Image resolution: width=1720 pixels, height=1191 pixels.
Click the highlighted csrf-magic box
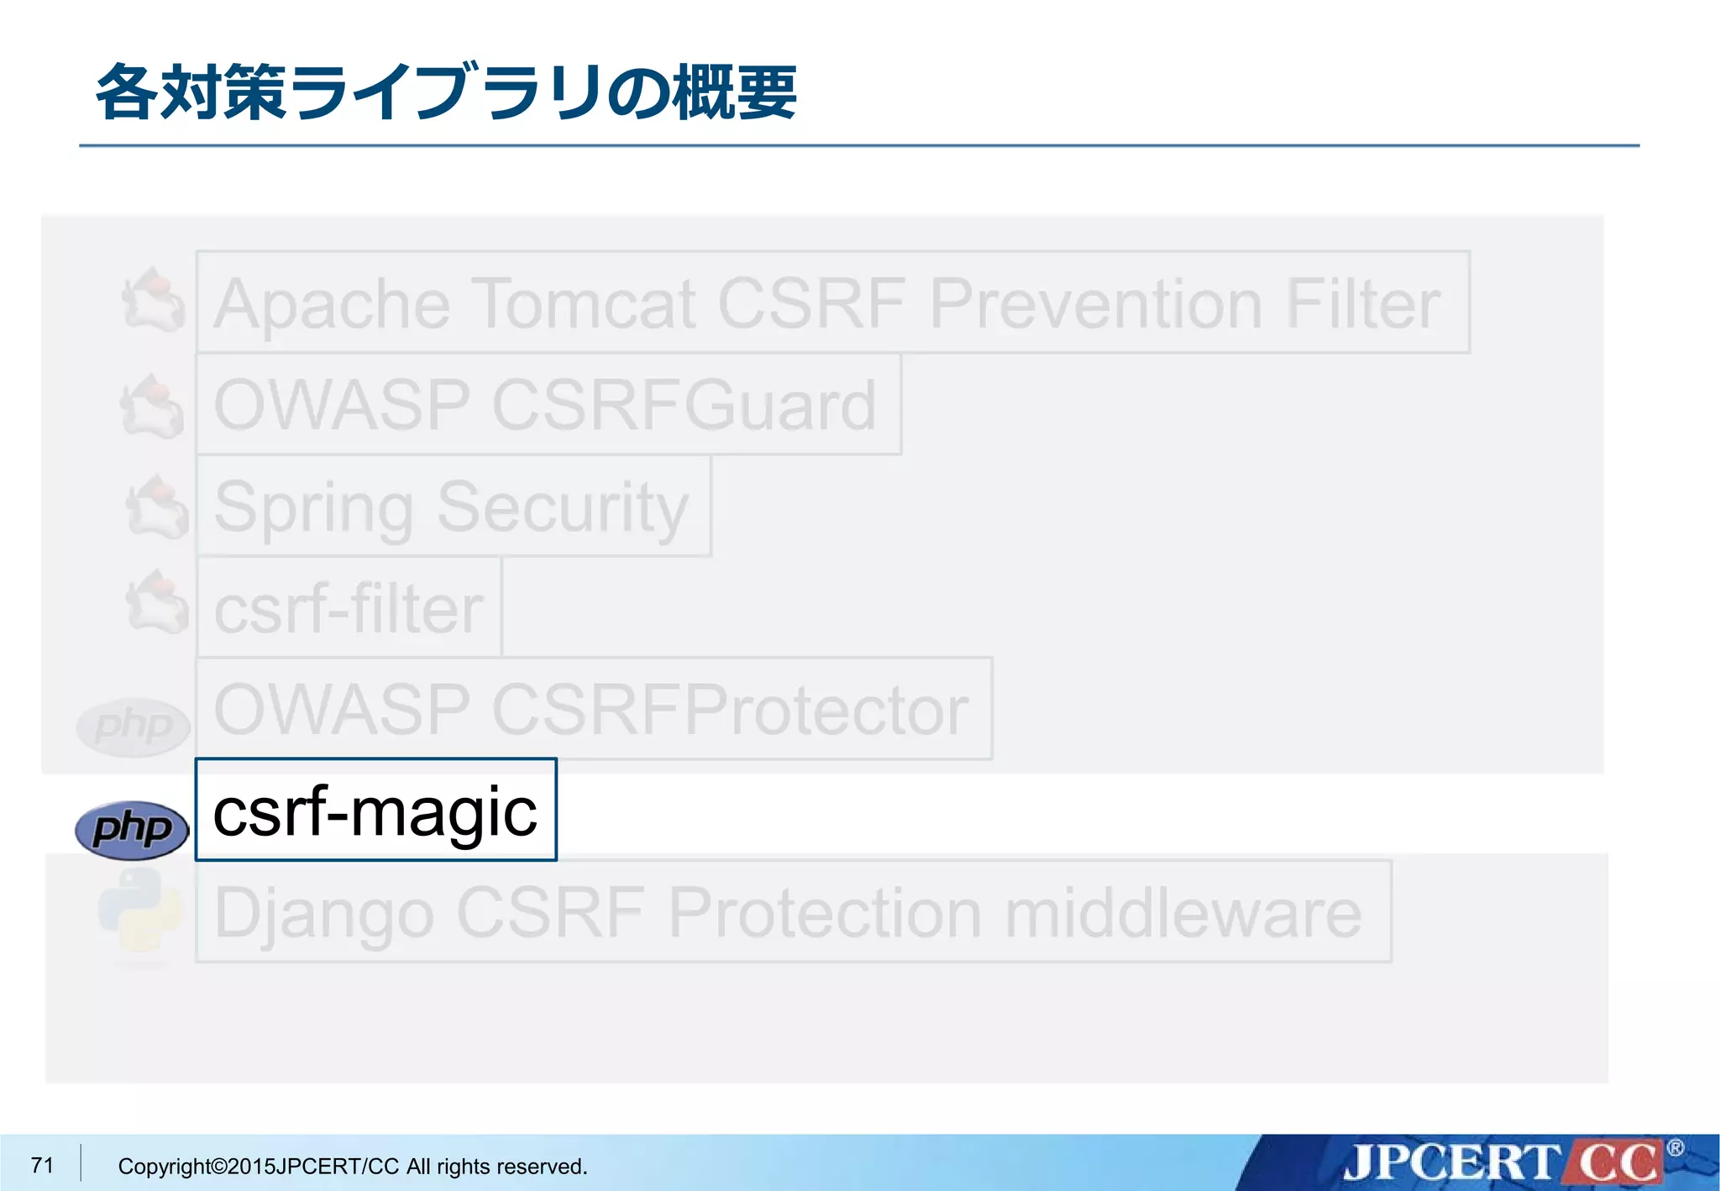375,811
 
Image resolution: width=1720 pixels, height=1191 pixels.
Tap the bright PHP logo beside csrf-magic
132,829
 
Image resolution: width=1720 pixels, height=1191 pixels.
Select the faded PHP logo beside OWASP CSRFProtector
132,726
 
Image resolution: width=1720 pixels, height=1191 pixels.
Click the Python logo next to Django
139,912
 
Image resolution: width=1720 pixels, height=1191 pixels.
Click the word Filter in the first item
1362,303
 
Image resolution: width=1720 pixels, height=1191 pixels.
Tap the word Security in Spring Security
563,507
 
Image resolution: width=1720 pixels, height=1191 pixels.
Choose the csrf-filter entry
349,608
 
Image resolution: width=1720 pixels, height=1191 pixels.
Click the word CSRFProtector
731,710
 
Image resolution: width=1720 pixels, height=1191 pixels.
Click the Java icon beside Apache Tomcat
154,300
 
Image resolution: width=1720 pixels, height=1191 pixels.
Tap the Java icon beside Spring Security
156,506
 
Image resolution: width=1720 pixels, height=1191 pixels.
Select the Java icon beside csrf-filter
156,602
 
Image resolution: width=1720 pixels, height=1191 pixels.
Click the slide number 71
42,1165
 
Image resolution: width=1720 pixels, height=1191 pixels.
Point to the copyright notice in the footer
353,1167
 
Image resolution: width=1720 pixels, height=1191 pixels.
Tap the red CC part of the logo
1617,1163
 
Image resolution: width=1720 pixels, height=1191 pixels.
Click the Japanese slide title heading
446,92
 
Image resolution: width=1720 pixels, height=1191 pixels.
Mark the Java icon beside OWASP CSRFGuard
152,406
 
